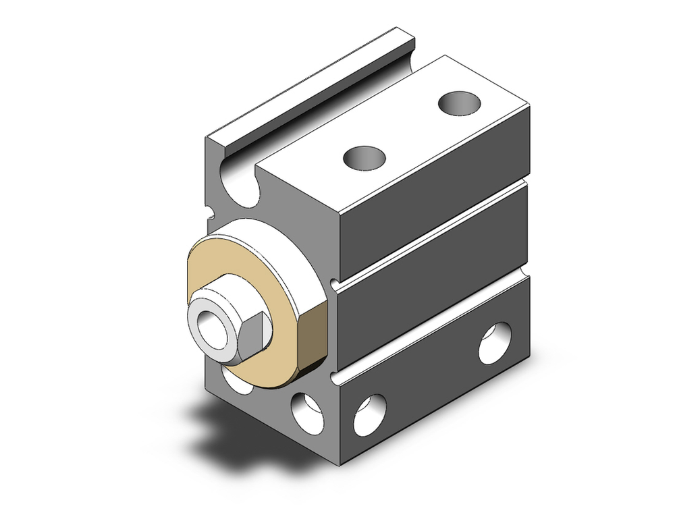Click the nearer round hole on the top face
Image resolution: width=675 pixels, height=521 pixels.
(x=364, y=158)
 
